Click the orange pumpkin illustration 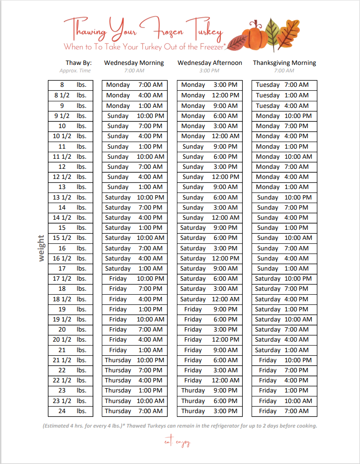[255, 36]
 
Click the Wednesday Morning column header [134, 63]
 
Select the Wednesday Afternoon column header [209, 63]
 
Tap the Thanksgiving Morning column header [284, 63]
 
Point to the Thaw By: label [79, 63]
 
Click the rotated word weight [41, 248]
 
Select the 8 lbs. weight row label [70, 85]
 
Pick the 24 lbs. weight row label [70, 411]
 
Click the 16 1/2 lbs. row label [70, 258]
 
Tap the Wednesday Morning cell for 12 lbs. [134, 167]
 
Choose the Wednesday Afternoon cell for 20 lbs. [209, 329]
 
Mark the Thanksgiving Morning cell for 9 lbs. [284, 106]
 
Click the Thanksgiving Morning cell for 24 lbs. [284, 411]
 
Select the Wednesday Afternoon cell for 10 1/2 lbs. [209, 136]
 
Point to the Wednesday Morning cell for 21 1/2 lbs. [134, 360]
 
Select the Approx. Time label [75, 71]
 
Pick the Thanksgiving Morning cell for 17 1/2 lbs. [284, 278]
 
